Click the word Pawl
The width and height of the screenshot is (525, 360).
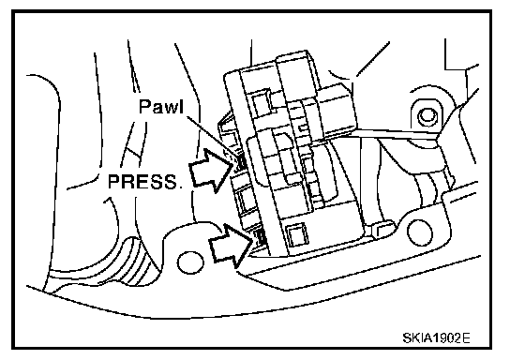tap(161, 107)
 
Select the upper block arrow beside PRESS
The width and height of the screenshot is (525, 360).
tap(211, 171)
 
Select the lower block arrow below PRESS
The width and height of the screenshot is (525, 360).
tap(231, 246)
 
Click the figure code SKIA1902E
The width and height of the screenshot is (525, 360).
tap(437, 337)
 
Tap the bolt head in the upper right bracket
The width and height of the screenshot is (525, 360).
tap(426, 116)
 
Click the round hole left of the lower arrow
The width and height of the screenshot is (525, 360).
tap(189, 262)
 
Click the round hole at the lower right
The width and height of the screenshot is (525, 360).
tap(419, 232)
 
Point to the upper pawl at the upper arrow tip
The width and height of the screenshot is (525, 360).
tap(240, 163)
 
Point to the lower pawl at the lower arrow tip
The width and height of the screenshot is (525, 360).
tap(260, 237)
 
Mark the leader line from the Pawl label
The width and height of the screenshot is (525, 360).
tap(212, 137)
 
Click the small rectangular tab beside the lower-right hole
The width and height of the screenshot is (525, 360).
tap(382, 229)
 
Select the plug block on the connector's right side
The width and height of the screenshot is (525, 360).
tap(335, 111)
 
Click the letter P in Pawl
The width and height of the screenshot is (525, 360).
tap(144, 107)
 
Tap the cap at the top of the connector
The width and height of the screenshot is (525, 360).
tap(294, 62)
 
